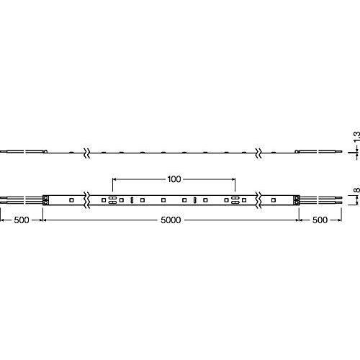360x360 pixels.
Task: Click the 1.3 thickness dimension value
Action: (356, 136)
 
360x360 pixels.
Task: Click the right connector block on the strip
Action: (297, 200)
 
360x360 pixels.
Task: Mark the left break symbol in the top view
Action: (87, 200)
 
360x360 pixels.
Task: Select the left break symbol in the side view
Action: (87, 153)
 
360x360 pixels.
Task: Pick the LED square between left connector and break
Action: (71, 199)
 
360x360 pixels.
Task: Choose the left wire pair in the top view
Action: (22, 200)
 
